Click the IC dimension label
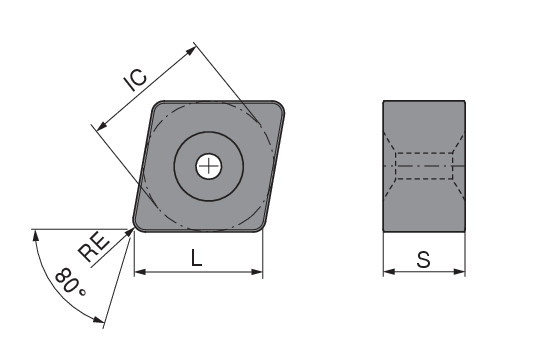tap(136, 80)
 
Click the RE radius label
tap(94, 247)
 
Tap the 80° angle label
tap(70, 282)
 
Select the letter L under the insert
tap(196, 258)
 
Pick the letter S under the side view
tap(424, 260)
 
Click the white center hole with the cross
tap(209, 166)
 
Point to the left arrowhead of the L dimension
tap(140, 272)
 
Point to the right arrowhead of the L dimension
tap(257, 272)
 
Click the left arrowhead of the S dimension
tap(389, 271)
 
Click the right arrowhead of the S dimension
tap(459, 271)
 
